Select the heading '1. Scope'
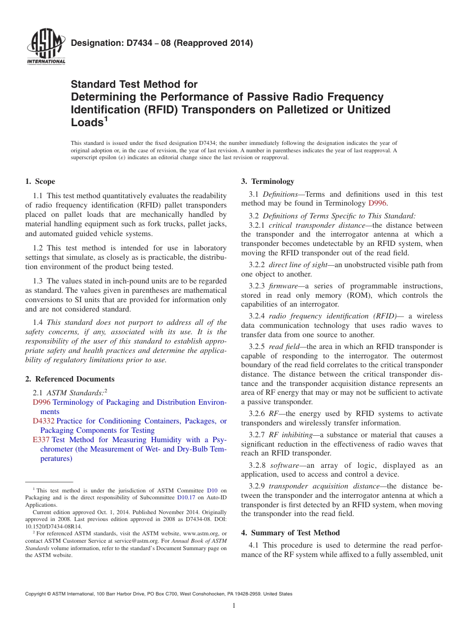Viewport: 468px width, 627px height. point(40,181)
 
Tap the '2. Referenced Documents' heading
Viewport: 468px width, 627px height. point(70,379)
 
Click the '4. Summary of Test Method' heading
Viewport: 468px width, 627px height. point(290,533)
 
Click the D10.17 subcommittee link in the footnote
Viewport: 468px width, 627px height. point(186,498)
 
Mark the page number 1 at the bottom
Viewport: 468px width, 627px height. point(234,606)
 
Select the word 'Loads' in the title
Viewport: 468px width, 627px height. point(86,123)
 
